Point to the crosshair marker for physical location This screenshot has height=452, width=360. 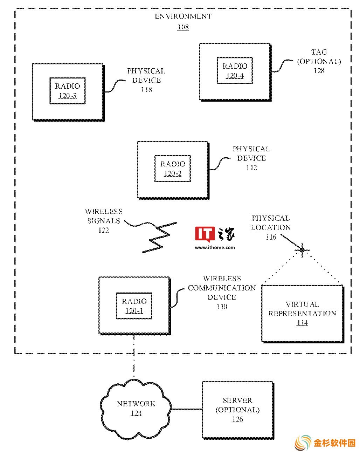302,250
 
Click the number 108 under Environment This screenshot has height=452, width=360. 183,27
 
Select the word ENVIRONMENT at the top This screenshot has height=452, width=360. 183,16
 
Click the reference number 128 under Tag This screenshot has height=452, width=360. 319,71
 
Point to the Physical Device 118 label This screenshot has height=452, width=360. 146,80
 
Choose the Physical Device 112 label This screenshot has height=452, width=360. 251,158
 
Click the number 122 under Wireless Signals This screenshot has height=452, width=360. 104,230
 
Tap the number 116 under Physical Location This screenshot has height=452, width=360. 271,237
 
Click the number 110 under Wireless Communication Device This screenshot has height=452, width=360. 222,307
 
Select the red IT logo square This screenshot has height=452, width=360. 205,234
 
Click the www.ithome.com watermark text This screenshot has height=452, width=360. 215,247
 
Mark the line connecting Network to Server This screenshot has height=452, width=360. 187,409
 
